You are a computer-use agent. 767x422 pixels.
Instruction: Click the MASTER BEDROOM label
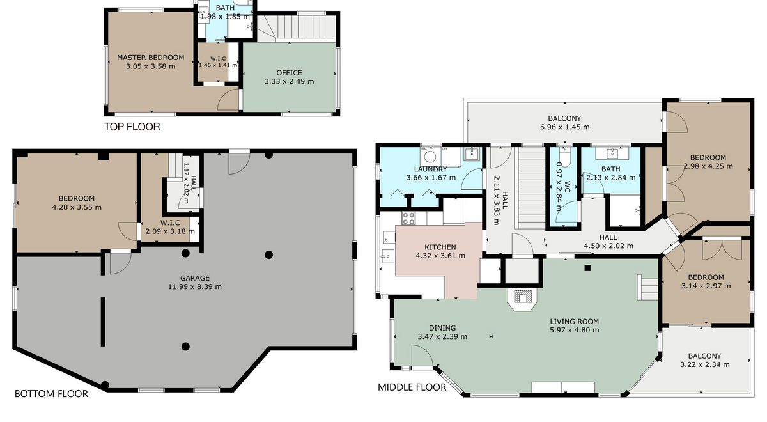click(x=151, y=58)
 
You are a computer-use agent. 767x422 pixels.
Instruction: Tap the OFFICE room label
click(x=290, y=73)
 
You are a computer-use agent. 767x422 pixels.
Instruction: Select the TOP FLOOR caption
click(x=132, y=127)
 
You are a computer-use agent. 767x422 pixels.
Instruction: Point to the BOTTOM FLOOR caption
click(x=51, y=394)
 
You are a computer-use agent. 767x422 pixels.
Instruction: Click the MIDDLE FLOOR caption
click(x=412, y=387)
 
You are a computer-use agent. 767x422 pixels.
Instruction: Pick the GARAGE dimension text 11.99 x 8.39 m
click(x=195, y=286)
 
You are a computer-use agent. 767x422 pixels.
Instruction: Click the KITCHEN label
click(x=440, y=247)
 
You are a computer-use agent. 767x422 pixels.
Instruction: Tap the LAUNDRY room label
click(x=431, y=169)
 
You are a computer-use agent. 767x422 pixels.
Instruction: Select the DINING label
click(x=442, y=328)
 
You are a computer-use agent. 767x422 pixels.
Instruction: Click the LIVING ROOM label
click(x=575, y=322)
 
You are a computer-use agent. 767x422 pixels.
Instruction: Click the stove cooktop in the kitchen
click(x=409, y=218)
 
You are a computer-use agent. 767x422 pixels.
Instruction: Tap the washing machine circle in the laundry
click(x=430, y=157)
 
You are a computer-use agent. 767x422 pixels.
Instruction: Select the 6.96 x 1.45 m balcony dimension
click(x=565, y=127)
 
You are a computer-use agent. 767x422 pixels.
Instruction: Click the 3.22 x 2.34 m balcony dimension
click(x=704, y=365)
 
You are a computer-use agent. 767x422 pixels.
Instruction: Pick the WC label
click(x=567, y=186)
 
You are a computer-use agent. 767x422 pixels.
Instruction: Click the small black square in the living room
click(x=587, y=268)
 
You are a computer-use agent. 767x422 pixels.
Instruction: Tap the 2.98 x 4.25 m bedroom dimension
click(x=708, y=166)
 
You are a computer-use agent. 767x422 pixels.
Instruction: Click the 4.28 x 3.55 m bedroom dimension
click(x=77, y=207)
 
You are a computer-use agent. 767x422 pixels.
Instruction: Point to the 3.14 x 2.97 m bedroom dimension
click(x=706, y=286)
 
